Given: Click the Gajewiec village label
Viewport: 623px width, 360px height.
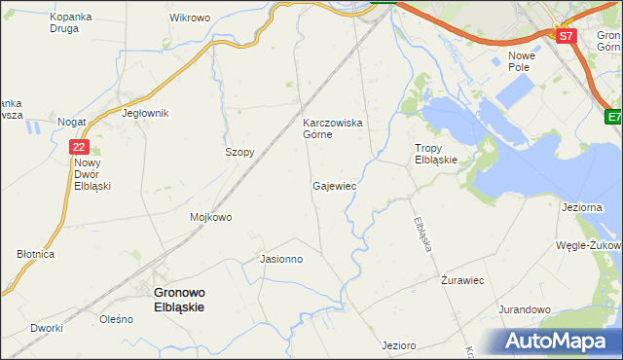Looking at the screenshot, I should click(x=334, y=185).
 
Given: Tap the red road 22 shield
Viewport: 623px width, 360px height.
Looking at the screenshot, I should click(x=80, y=147).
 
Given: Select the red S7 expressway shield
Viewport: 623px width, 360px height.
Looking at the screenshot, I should click(x=567, y=36).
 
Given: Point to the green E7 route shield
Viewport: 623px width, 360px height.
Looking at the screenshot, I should click(x=613, y=118).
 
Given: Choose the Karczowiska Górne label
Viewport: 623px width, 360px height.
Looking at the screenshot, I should click(x=332, y=128).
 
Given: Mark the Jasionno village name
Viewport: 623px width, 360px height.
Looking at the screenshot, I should click(x=282, y=260).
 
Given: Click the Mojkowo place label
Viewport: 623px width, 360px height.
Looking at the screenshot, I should click(x=211, y=217).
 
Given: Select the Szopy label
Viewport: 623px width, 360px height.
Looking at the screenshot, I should click(x=239, y=153).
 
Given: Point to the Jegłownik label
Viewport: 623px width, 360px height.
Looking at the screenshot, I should click(x=145, y=113).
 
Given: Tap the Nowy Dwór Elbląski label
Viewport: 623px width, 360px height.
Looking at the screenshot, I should click(x=92, y=174).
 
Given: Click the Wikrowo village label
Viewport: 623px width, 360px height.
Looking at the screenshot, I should click(x=190, y=18).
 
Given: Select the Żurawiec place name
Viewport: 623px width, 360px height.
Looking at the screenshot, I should click(x=463, y=280).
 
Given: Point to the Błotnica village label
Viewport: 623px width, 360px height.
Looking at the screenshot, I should click(x=35, y=253).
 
